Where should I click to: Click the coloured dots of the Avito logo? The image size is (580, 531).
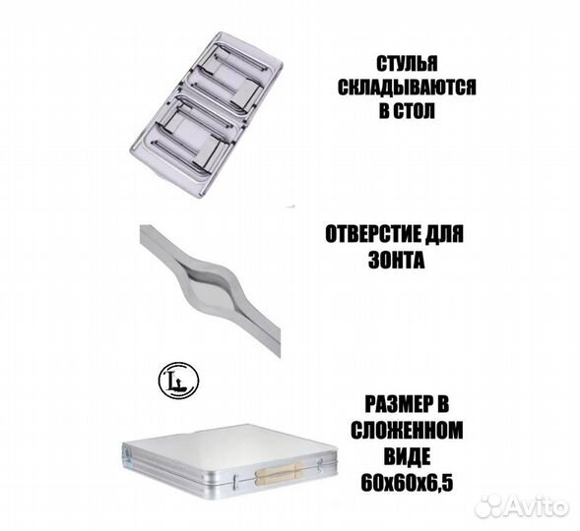tap(486, 506)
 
